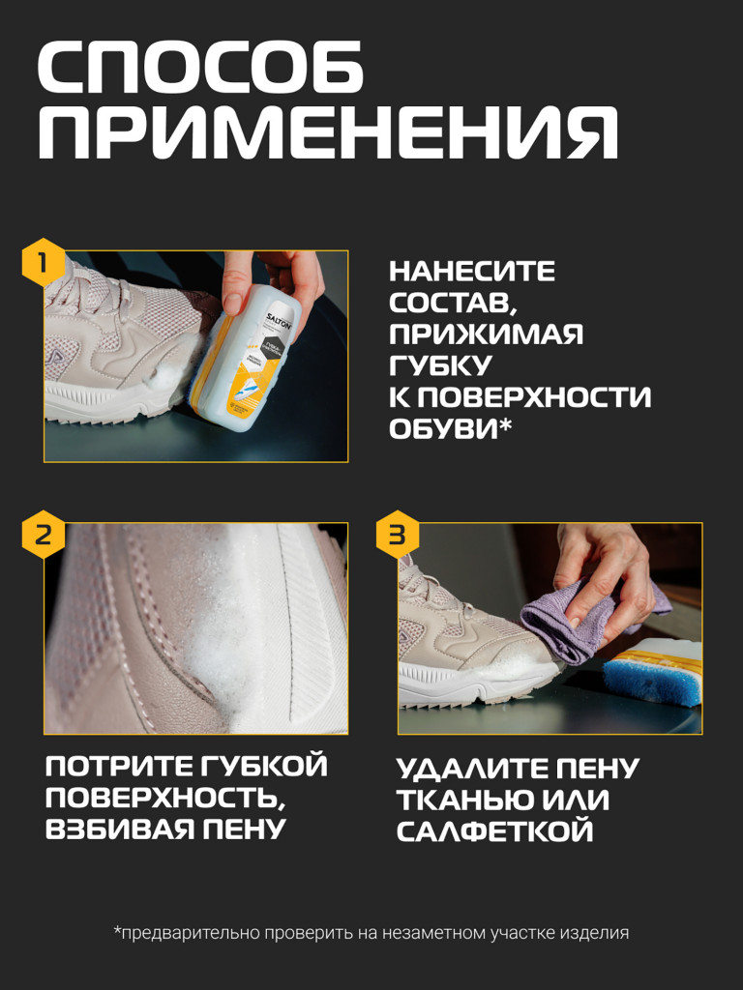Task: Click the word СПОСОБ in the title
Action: click(x=200, y=71)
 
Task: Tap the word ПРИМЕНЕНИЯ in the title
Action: click(x=327, y=133)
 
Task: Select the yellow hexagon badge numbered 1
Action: click(x=44, y=263)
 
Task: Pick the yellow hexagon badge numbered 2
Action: click(x=44, y=535)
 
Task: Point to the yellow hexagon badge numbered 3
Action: click(x=398, y=535)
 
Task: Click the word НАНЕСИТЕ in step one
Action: click(x=472, y=272)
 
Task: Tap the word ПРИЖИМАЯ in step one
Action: click(x=486, y=335)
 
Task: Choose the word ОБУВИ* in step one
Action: click(x=450, y=428)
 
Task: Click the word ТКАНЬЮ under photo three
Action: click(x=453, y=801)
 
